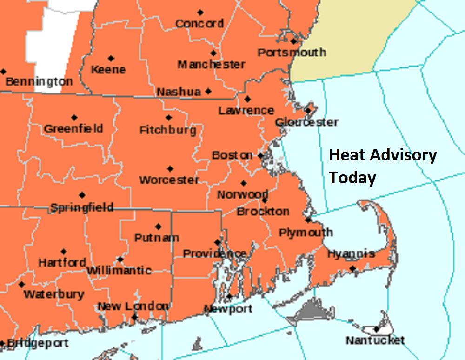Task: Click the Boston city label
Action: (232, 155)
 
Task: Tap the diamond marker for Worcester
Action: (170, 169)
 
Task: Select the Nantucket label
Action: (375, 340)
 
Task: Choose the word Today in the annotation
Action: (352, 177)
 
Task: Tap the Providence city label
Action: (214, 253)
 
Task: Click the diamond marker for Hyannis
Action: (353, 268)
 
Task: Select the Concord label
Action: (199, 23)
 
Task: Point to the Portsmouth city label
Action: (292, 52)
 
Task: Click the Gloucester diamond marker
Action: (308, 111)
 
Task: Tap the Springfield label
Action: (82, 207)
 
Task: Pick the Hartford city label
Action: (62, 263)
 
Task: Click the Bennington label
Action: (39, 82)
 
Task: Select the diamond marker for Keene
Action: (111, 59)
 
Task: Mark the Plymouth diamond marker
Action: (307, 220)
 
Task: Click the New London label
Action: (133, 306)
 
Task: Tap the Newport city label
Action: (228, 308)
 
